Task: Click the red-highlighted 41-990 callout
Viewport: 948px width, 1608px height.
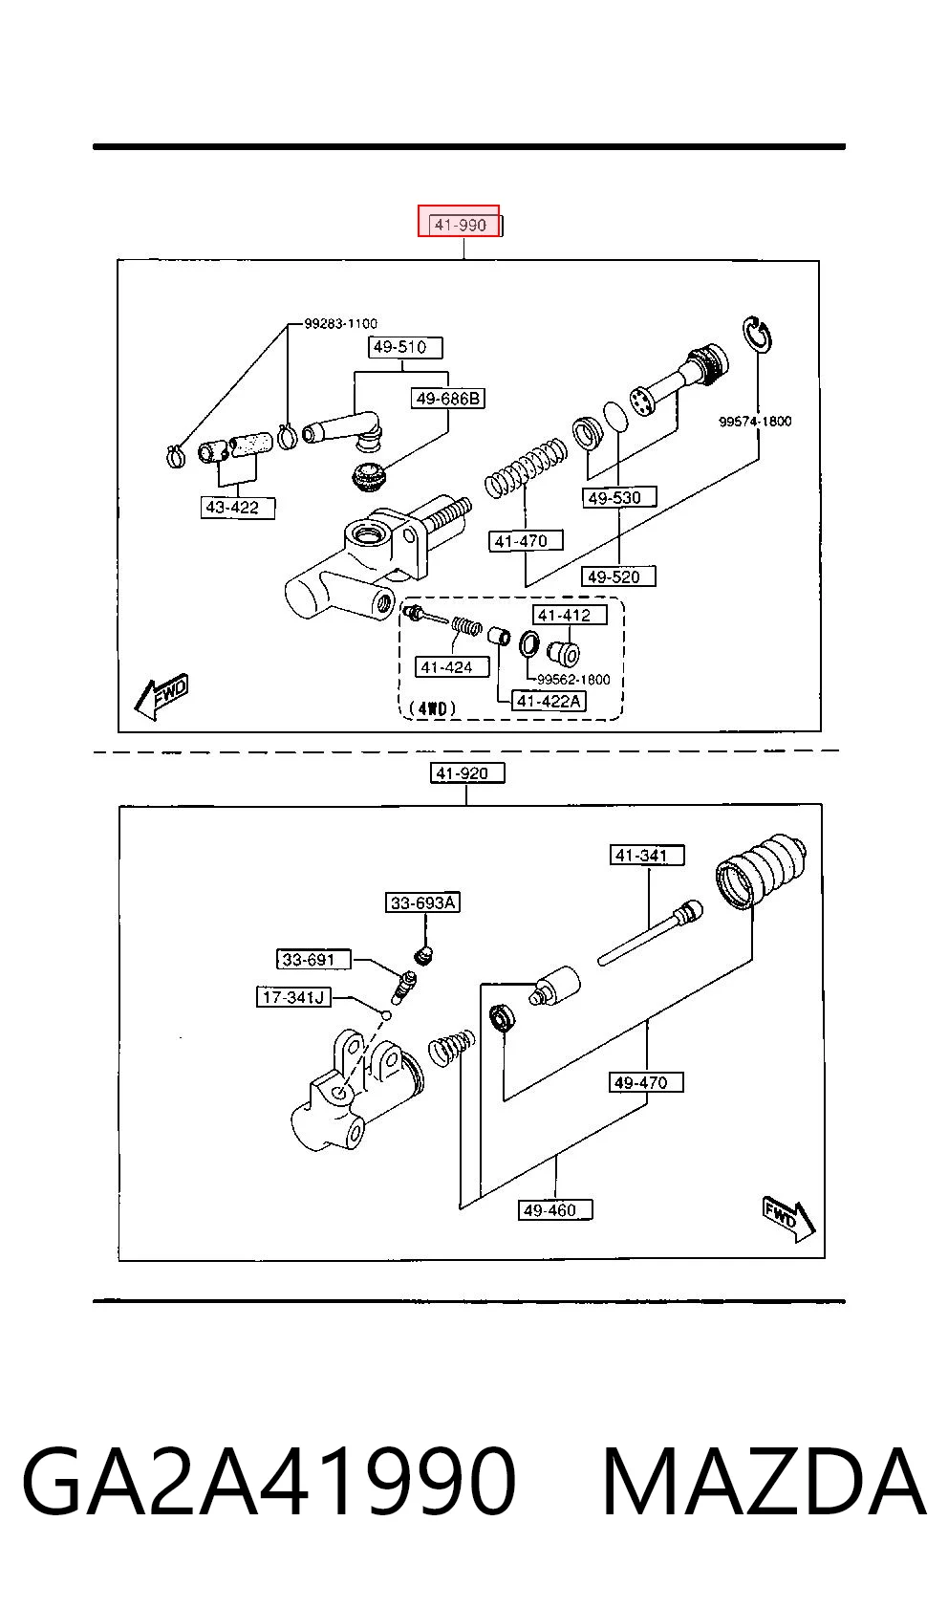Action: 460,221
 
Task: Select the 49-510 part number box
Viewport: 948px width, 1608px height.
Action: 405,347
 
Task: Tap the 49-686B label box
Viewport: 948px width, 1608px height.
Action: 448,399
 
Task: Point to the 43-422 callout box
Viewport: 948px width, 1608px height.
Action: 238,508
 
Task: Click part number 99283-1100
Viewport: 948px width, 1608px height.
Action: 341,324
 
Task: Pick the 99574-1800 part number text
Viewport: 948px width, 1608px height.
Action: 755,422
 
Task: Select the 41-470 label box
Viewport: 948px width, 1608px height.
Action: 526,540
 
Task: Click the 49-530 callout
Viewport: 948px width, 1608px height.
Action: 619,497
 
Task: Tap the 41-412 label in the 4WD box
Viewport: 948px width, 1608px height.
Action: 570,616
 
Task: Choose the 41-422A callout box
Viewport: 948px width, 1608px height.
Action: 549,702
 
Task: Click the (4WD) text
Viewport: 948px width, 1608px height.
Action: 432,708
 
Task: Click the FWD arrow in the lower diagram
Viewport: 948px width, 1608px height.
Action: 788,1218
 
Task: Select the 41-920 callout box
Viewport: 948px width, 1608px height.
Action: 467,773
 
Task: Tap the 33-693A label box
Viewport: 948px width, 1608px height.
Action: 422,902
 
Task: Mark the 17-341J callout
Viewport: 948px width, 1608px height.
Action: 293,997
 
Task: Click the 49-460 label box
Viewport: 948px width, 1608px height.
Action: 555,1209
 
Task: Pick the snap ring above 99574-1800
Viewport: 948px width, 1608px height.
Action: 757,334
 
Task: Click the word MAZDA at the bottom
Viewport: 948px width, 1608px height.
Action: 764,1483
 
